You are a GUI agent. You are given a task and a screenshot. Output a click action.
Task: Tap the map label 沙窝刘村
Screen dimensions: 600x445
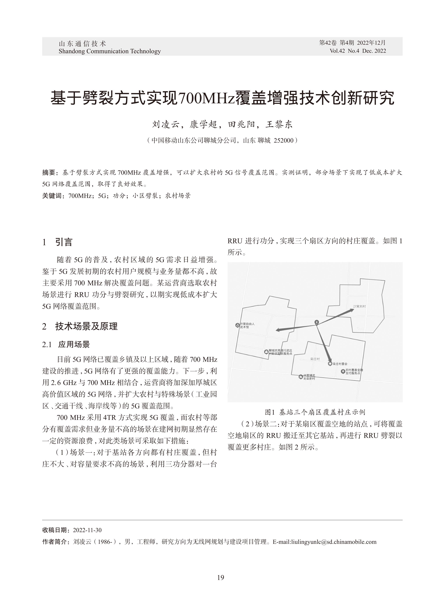click(x=360, y=306)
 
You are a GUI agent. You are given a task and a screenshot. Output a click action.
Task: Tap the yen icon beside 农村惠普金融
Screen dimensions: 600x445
click(x=343, y=371)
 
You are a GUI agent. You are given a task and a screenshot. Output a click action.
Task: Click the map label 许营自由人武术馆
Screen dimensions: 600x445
click(x=247, y=325)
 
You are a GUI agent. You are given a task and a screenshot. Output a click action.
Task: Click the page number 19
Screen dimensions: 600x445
click(x=220, y=577)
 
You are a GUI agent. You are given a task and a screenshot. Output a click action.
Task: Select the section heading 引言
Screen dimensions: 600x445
click(x=64, y=242)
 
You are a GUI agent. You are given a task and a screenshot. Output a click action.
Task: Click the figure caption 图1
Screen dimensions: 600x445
click(x=269, y=412)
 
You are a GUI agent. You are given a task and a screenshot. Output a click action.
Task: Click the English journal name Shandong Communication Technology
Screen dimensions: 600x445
click(x=110, y=51)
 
